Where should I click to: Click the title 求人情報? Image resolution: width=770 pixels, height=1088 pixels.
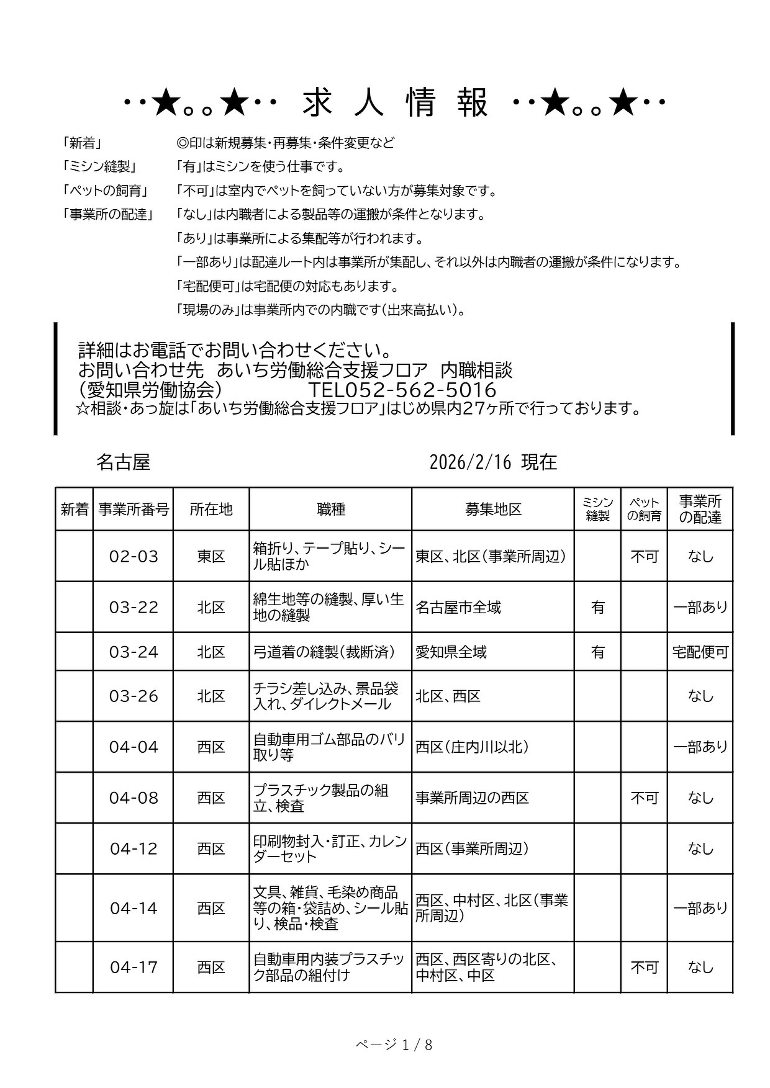pyautogui.click(x=396, y=103)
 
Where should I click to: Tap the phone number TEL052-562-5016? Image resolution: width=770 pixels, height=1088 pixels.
pyautogui.click(x=402, y=390)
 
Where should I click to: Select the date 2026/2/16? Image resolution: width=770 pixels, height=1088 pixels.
pyautogui.click(x=471, y=462)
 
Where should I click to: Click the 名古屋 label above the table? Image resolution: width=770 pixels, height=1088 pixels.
pyautogui.click(x=124, y=462)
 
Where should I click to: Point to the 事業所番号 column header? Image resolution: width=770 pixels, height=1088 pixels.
pyautogui.click(x=134, y=510)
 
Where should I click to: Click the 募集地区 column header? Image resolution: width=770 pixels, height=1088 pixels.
pyautogui.click(x=493, y=510)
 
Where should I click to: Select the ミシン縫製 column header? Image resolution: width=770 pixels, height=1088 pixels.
pyautogui.click(x=597, y=510)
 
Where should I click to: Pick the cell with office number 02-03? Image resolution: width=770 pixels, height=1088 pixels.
pyautogui.click(x=134, y=556)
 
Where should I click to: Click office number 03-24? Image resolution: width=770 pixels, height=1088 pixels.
pyautogui.click(x=134, y=652)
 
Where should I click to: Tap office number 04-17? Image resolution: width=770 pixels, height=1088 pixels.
pyautogui.click(x=134, y=967)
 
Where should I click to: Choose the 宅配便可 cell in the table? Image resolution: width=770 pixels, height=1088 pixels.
pyautogui.click(x=700, y=652)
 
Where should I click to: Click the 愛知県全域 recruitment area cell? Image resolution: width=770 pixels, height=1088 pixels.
pyautogui.click(x=451, y=652)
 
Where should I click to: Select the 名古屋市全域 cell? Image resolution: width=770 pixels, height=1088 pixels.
pyautogui.click(x=458, y=607)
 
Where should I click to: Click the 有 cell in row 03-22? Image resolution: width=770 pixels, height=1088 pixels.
pyautogui.click(x=597, y=607)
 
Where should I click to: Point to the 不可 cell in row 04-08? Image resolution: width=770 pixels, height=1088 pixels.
pyautogui.click(x=644, y=798)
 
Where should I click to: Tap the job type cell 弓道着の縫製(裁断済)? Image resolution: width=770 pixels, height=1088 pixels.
pyautogui.click(x=324, y=652)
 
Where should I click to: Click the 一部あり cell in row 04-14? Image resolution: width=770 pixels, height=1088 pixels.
pyautogui.click(x=700, y=908)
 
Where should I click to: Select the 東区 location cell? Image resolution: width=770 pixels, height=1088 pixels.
pyautogui.click(x=211, y=556)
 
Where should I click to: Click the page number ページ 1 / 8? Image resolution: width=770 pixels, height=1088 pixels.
pyautogui.click(x=394, y=1045)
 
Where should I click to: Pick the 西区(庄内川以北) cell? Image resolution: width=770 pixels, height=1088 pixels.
pyautogui.click(x=473, y=747)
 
